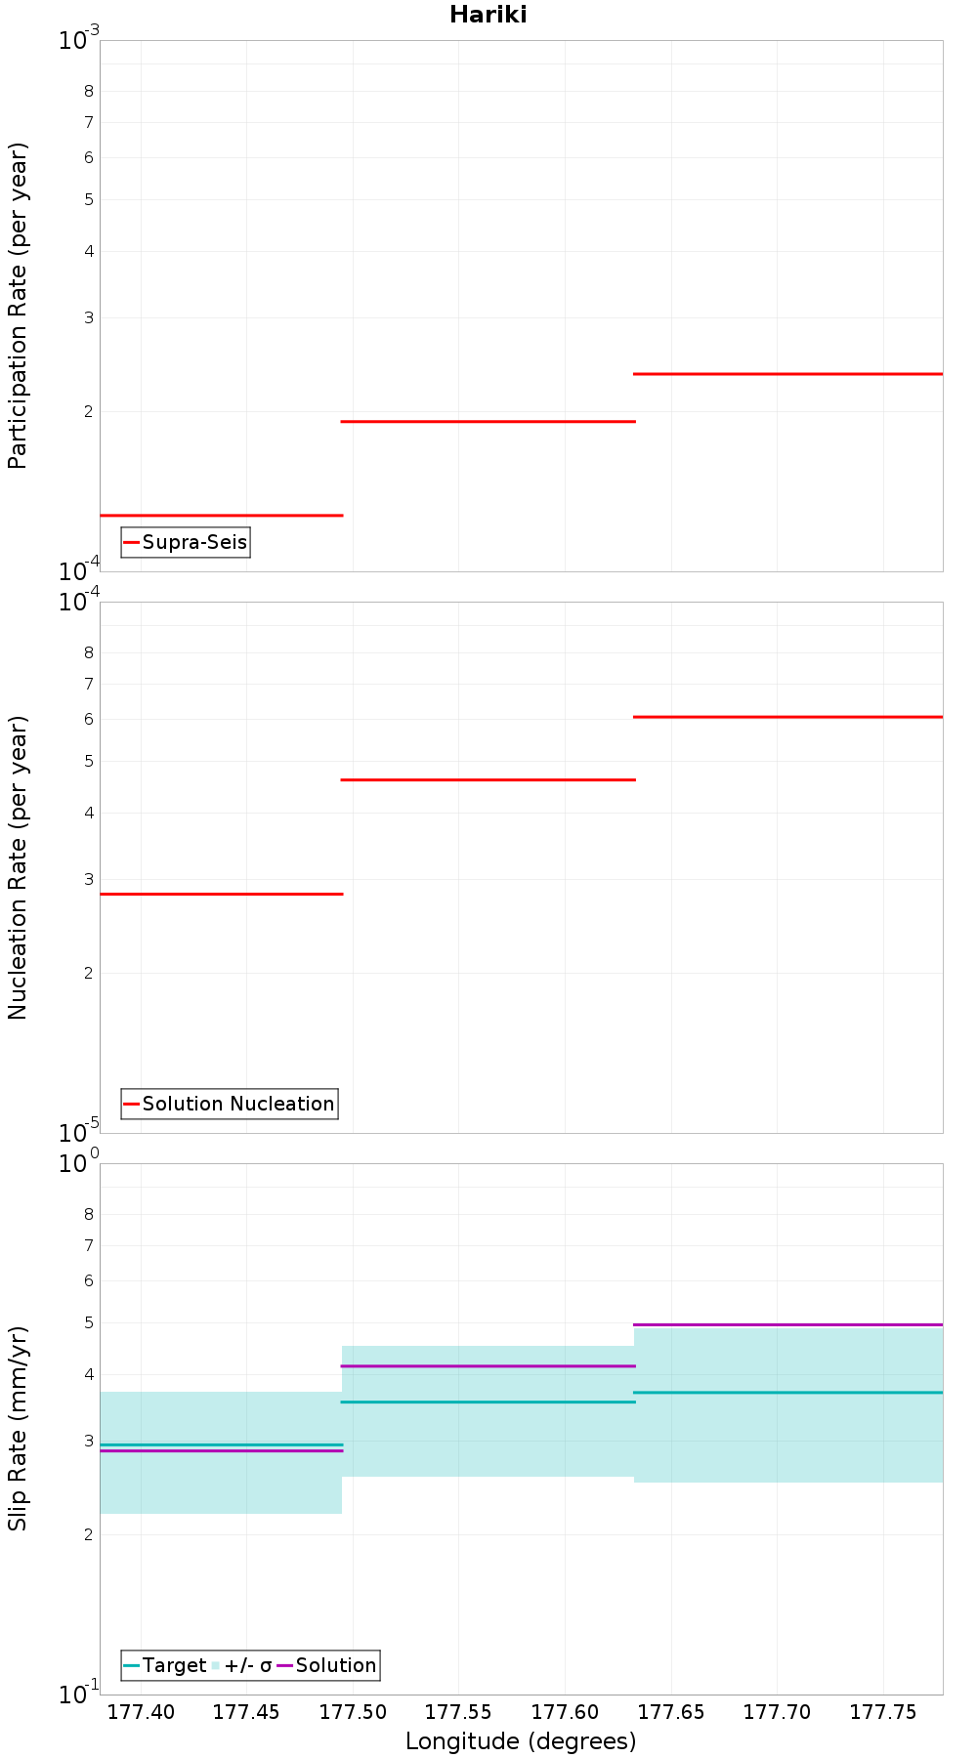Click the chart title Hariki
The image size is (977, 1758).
488,15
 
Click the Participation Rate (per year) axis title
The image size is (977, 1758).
18,306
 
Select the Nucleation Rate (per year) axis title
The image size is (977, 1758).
18,867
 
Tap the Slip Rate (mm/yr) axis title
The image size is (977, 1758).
18,1428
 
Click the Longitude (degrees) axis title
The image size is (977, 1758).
521,1741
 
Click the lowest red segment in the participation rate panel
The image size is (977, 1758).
221,515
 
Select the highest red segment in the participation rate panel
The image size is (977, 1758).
787,374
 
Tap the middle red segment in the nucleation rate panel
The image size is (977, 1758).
488,779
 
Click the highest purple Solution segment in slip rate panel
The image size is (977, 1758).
787,1324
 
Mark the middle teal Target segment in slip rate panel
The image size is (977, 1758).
488,1402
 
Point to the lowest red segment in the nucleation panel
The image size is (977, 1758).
221,894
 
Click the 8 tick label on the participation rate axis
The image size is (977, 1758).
89,92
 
